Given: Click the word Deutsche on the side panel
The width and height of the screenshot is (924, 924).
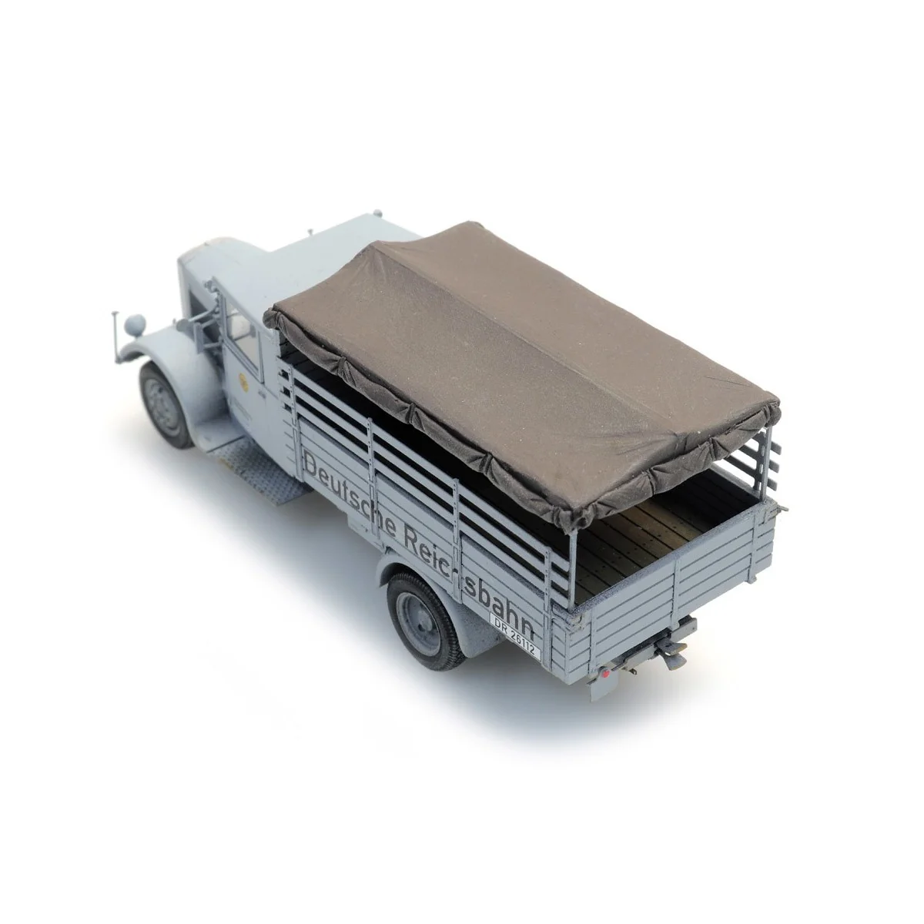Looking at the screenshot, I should [350, 491].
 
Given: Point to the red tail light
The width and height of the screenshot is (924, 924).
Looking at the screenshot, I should [607, 675].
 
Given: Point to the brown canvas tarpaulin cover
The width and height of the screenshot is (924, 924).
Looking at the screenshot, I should [524, 370].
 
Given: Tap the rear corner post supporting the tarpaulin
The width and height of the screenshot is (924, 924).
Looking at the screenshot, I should [571, 554].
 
